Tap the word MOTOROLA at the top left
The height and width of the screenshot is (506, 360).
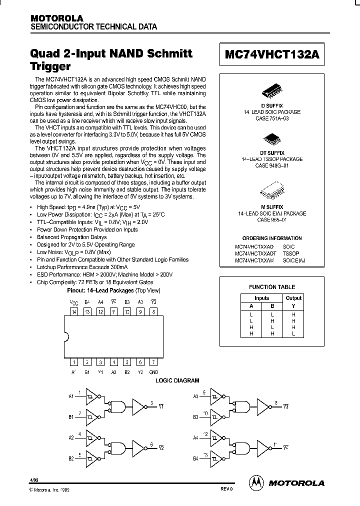pyautogui.click(x=56, y=18)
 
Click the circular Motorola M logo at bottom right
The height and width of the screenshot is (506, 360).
pyautogui.click(x=256, y=482)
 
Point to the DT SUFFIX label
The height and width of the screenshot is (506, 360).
pyautogui.click(x=272, y=152)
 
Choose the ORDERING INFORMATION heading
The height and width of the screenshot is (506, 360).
pyautogui.click(x=272, y=238)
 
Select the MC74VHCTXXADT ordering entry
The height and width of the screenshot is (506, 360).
pyautogui.click(x=255, y=253)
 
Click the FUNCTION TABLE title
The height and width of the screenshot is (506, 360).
pyautogui.click(x=272, y=287)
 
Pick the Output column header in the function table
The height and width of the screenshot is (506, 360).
pyautogui.click(x=293, y=298)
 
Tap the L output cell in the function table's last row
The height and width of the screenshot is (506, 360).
pyautogui.click(x=293, y=333)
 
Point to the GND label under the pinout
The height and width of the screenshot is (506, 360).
pyautogui.click(x=153, y=372)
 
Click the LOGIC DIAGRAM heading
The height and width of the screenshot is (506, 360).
pyautogui.click(x=178, y=380)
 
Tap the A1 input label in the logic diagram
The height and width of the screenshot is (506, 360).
pyautogui.click(x=71, y=396)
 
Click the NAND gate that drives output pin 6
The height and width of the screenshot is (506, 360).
pyautogui.click(x=118, y=446)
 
